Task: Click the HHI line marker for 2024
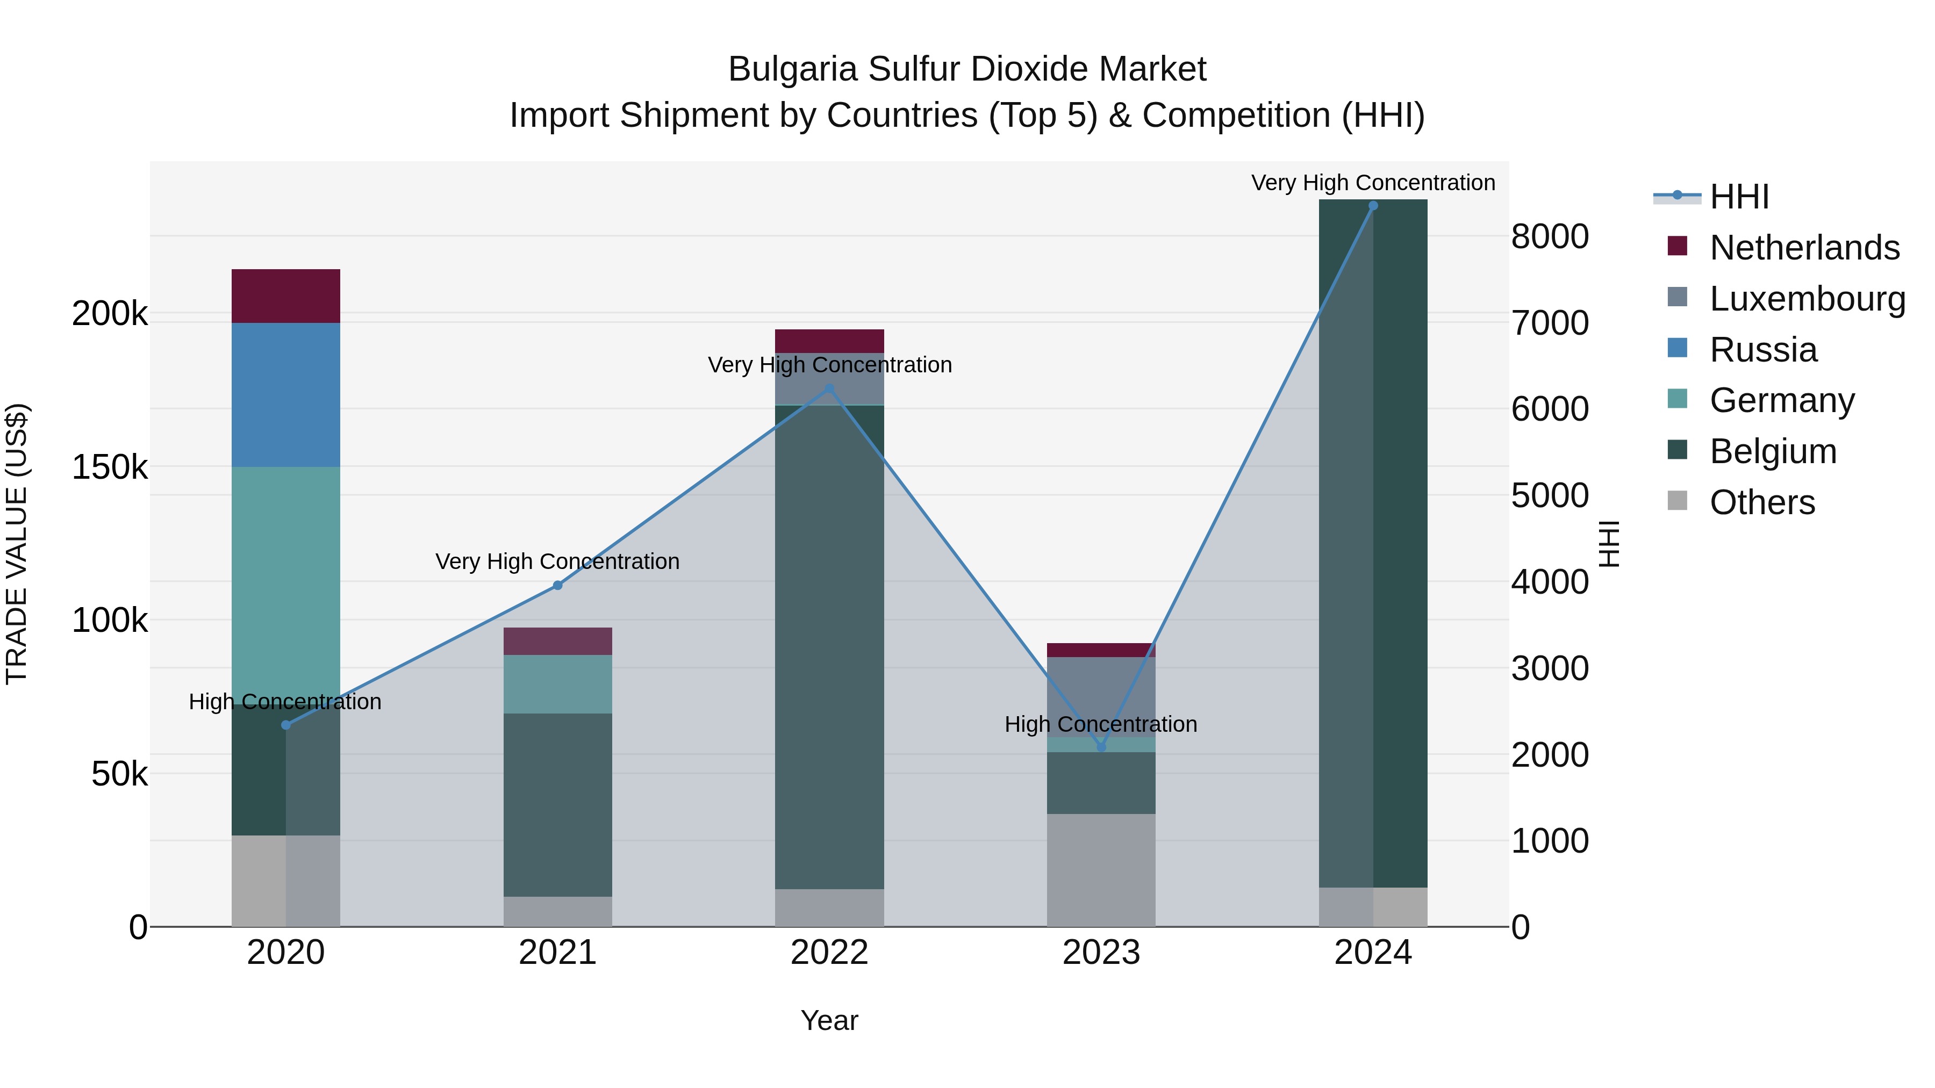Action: pyautogui.click(x=1373, y=206)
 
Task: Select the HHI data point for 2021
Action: pyautogui.click(x=557, y=586)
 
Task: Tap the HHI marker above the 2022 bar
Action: pyautogui.click(x=829, y=389)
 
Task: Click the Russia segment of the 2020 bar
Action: pyautogui.click(x=285, y=395)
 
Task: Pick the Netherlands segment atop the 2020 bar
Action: pyautogui.click(x=285, y=296)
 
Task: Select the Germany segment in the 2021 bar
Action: pyautogui.click(x=557, y=684)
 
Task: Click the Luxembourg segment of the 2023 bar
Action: pyautogui.click(x=1101, y=697)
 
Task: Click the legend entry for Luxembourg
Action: pyautogui.click(x=1807, y=298)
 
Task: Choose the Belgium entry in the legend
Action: pyautogui.click(x=1773, y=451)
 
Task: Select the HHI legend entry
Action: pyautogui.click(x=1738, y=197)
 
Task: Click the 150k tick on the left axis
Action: pyautogui.click(x=110, y=467)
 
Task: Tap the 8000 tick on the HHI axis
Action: pyautogui.click(x=1549, y=236)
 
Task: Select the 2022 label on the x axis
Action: pyautogui.click(x=829, y=953)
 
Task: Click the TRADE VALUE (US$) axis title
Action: pyautogui.click(x=17, y=544)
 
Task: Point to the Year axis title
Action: pyautogui.click(x=829, y=1020)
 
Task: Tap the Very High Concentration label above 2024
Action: pyautogui.click(x=1373, y=183)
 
